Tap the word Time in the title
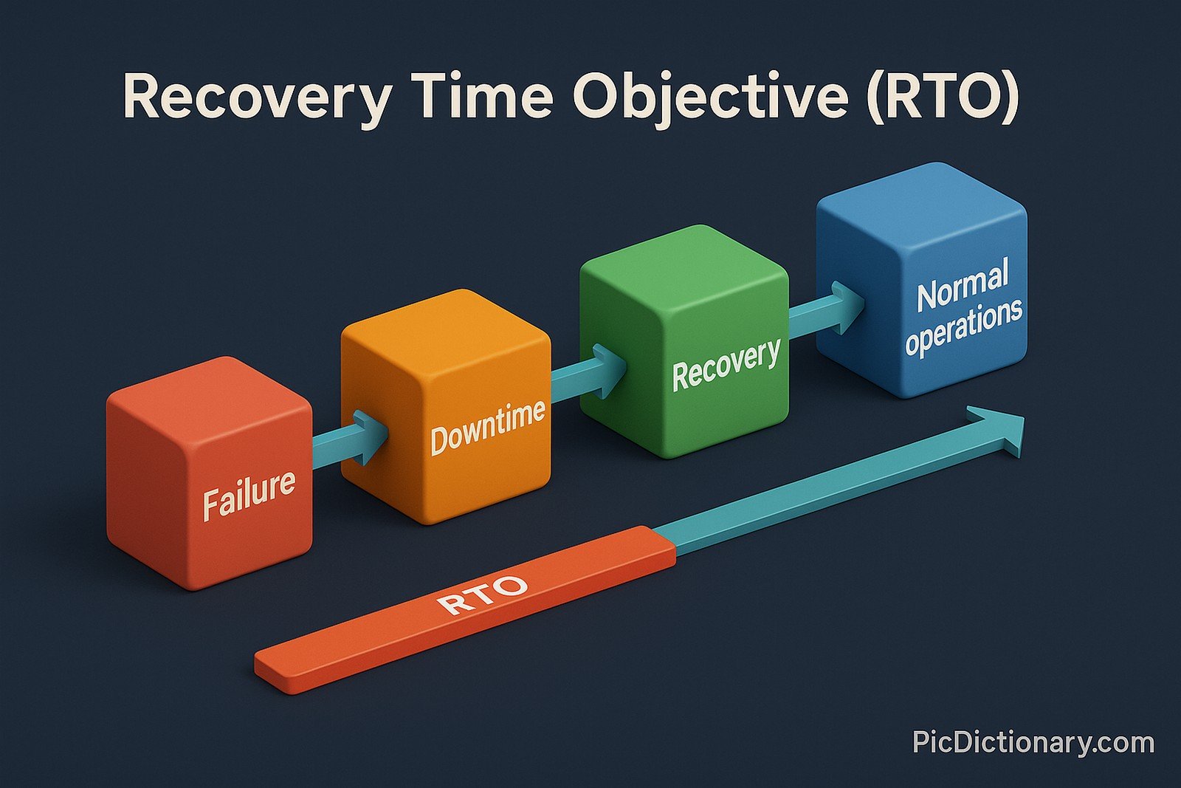pos(483,97)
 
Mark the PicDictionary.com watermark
pos(1033,741)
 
